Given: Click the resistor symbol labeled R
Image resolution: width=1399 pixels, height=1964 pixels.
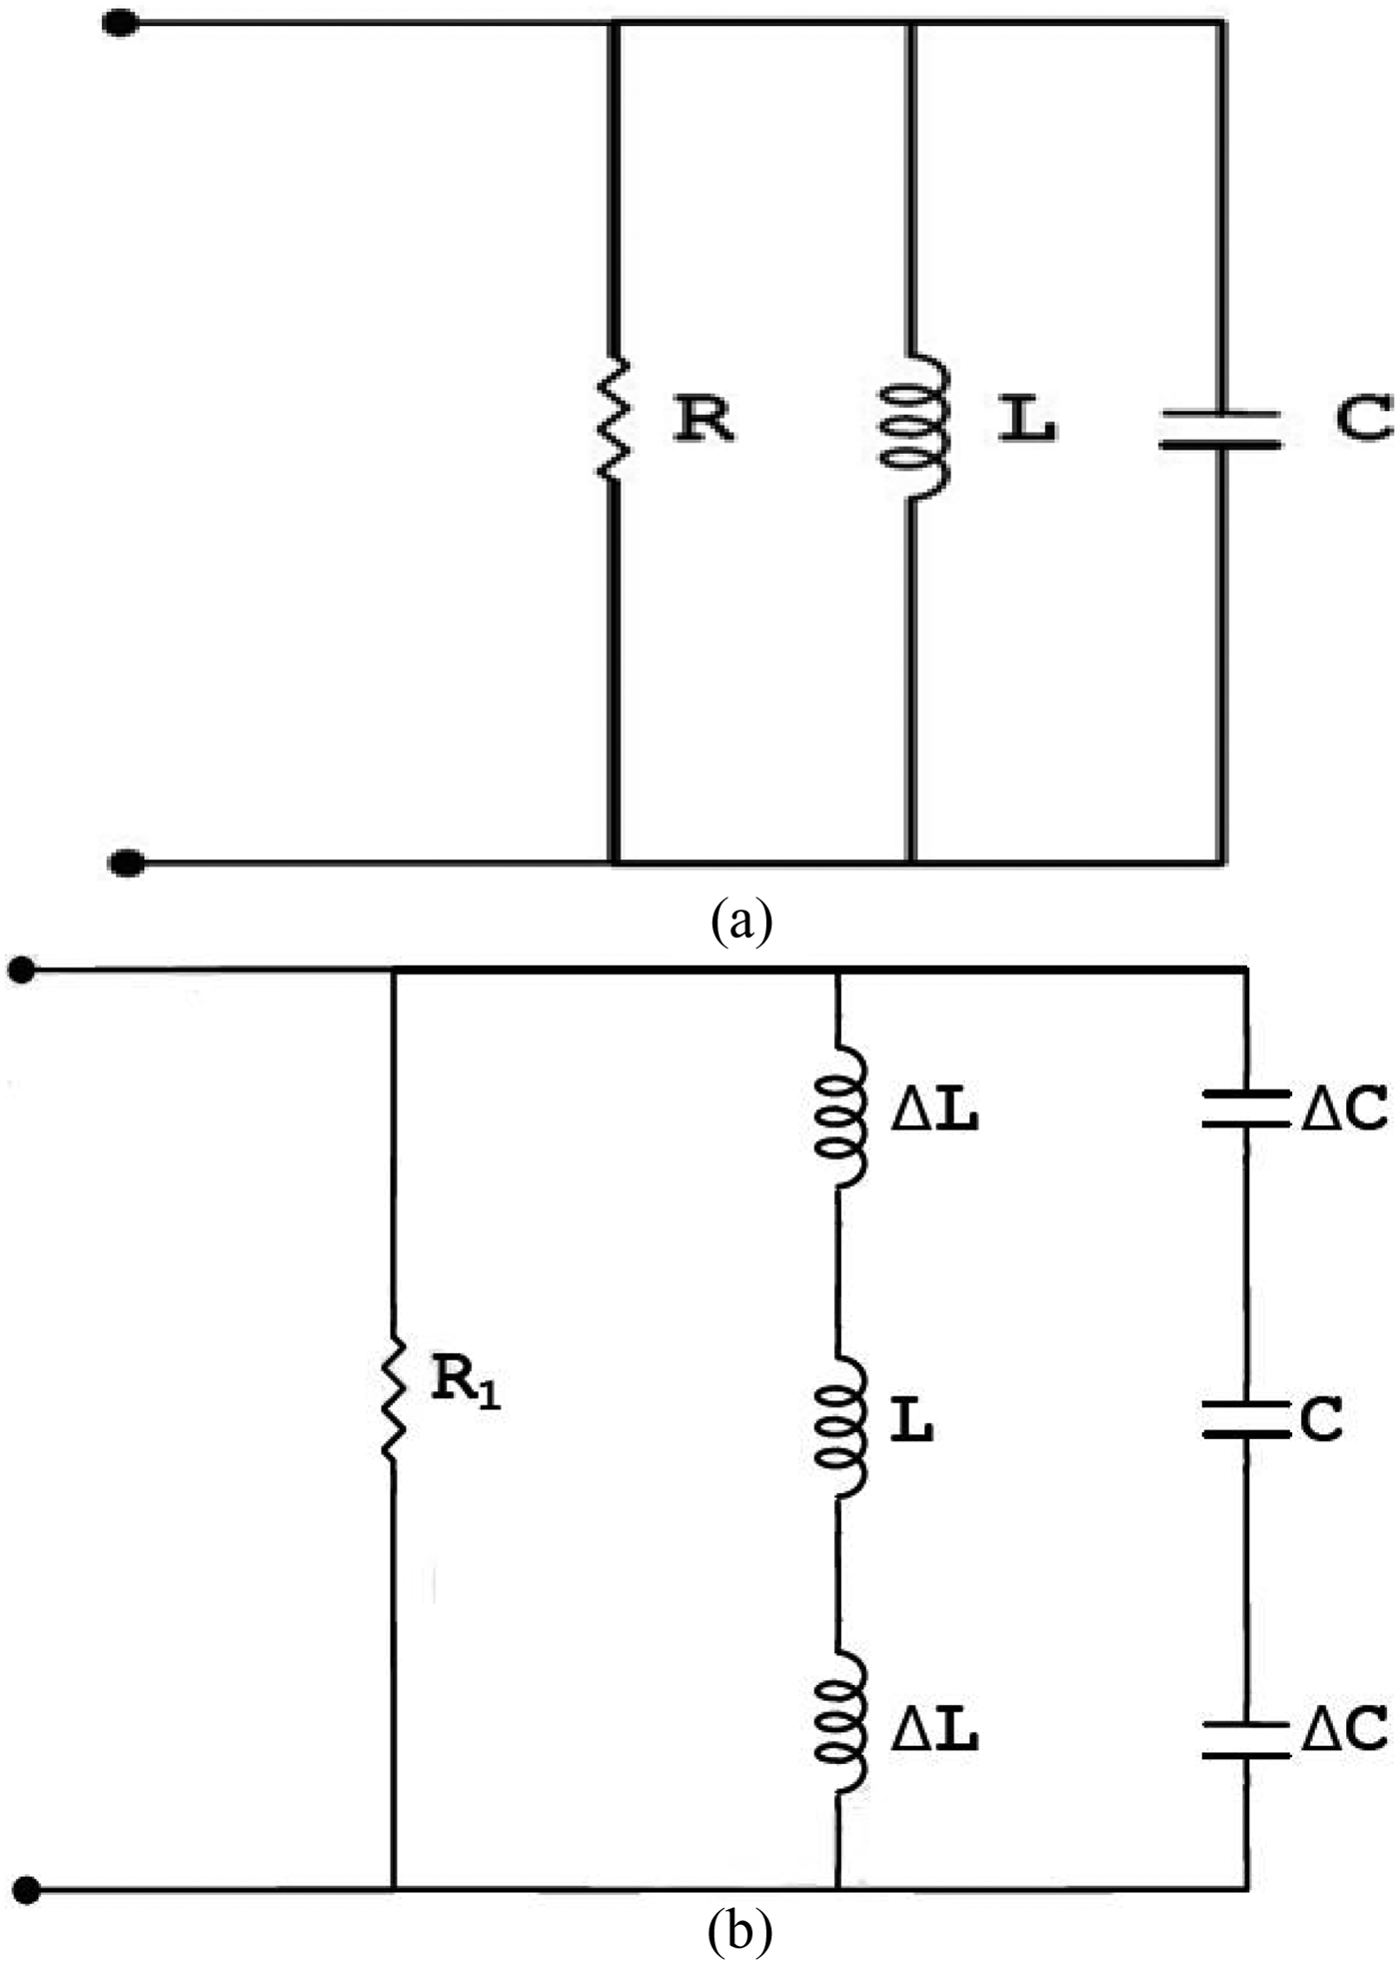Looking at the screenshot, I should point(613,420).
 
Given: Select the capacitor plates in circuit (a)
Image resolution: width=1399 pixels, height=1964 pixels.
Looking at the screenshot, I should point(1219,429).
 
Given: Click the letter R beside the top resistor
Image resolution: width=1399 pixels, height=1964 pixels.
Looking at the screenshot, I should point(703,420).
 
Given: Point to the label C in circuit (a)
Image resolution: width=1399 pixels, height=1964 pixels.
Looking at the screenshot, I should point(1363,420).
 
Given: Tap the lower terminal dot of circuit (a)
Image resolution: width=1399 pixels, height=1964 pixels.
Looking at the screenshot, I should point(126,863).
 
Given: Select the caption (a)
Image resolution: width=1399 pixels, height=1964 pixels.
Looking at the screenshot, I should point(740,921).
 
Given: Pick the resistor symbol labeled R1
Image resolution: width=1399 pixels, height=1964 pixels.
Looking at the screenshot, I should point(394,1397).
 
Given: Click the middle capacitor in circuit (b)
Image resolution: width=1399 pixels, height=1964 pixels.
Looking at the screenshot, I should point(1244,1419).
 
